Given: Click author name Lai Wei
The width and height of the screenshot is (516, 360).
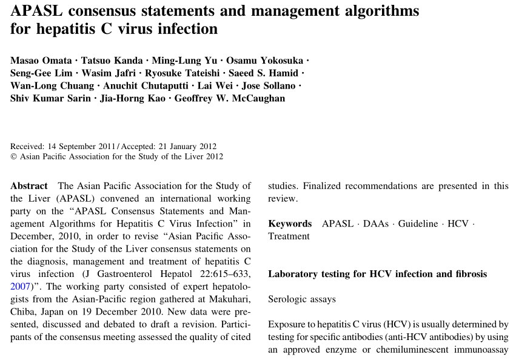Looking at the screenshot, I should [216, 85].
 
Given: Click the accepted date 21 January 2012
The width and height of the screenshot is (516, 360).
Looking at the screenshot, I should [182, 146].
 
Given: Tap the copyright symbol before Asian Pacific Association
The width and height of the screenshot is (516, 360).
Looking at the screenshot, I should [14, 156].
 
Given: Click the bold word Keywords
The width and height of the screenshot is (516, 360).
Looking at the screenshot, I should [290, 224].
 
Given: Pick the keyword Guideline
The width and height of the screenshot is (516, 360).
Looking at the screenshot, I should [417, 224].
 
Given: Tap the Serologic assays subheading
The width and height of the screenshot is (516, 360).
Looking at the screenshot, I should [302, 299].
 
